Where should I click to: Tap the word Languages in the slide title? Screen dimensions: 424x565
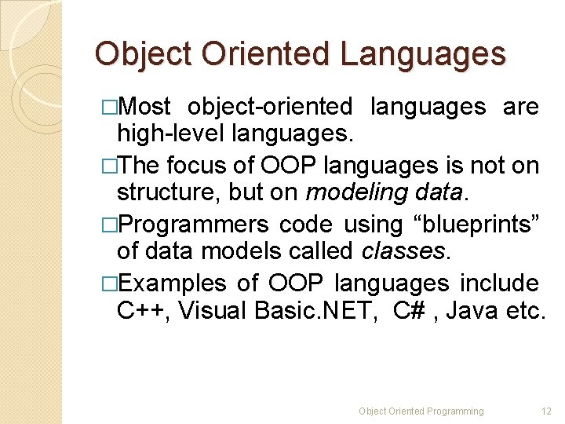423,55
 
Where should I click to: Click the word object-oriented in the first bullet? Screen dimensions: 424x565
271,107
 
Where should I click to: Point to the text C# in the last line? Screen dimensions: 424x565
410,311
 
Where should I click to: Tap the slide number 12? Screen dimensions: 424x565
547,411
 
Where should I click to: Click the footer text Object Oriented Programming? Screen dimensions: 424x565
421,411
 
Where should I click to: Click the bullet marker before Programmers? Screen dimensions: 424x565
109,225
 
